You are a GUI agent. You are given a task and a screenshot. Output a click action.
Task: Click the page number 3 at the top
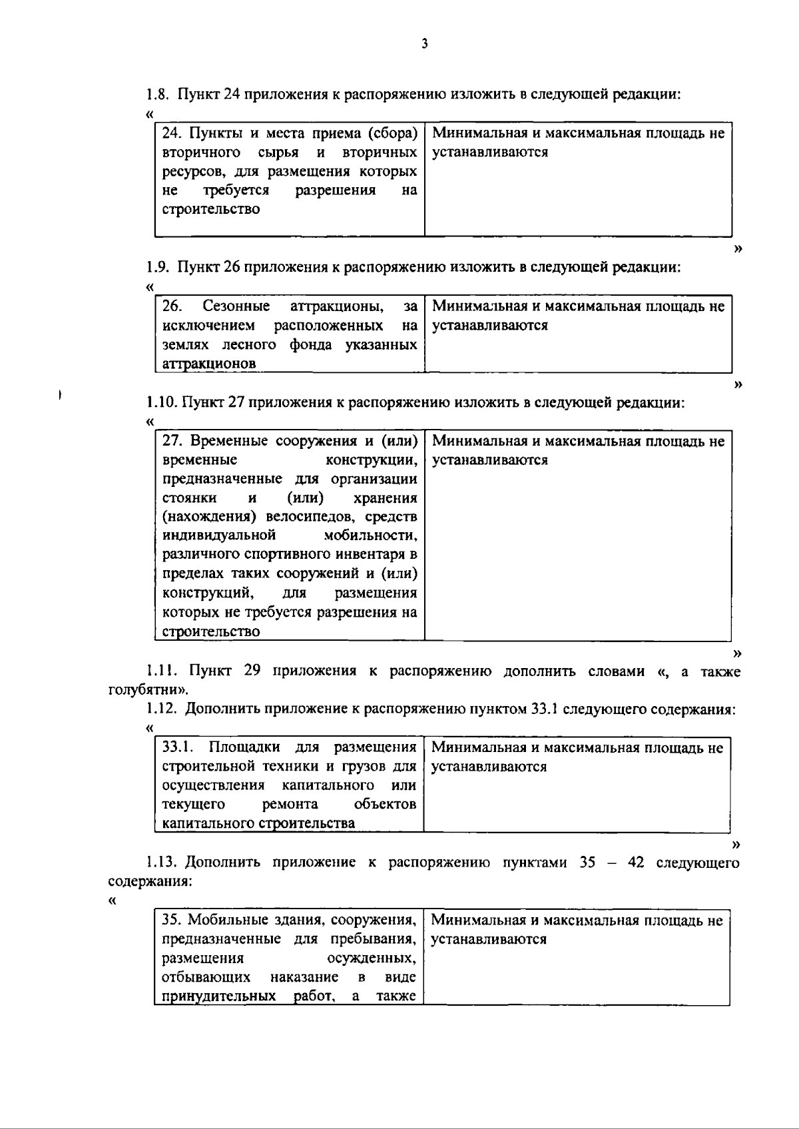point(425,45)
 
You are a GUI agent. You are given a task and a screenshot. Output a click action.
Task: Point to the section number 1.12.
point(161,709)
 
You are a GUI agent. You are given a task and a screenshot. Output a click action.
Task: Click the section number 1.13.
point(161,863)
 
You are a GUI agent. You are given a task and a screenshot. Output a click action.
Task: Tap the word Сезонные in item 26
point(236,306)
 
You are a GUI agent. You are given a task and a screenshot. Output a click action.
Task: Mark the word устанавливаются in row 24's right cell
point(490,153)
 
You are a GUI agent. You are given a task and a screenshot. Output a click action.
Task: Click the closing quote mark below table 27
point(736,652)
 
